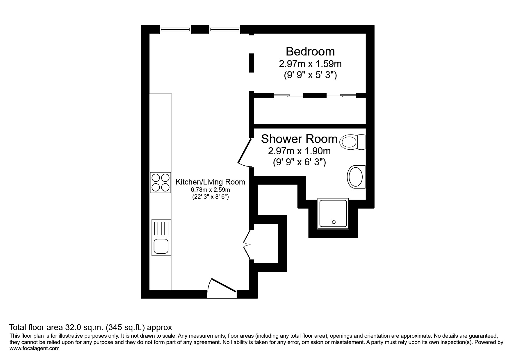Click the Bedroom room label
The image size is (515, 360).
[310, 51]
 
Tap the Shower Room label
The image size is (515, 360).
[299, 139]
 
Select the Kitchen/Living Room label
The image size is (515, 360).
[210, 182]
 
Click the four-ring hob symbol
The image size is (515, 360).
[161, 182]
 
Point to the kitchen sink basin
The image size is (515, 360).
[161, 246]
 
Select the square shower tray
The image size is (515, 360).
[333, 214]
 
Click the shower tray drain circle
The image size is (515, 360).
[334, 222]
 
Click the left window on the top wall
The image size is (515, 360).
[175, 29]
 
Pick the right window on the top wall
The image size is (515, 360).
[225, 29]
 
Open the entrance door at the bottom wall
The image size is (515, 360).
[222, 286]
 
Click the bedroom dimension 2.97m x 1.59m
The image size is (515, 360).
[310, 64]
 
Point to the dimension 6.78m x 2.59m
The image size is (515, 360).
[210, 190]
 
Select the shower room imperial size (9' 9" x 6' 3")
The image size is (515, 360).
[299, 162]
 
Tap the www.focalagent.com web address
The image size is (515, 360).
[35, 348]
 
